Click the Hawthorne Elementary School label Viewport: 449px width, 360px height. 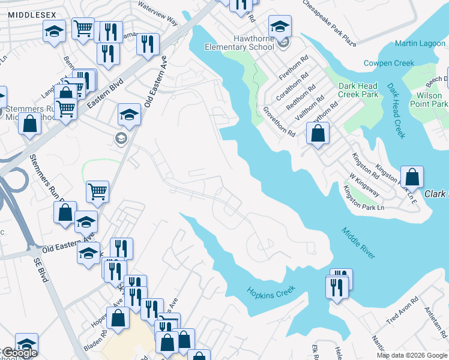pyautogui.click(x=239, y=43)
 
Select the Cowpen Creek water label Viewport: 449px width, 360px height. pyautogui.click(x=389, y=63)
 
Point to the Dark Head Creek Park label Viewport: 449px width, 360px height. pyautogui.click(x=358, y=90)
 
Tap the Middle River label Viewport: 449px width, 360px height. pyautogui.click(x=359, y=243)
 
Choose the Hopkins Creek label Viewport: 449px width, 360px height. pyautogui.click(x=271, y=290)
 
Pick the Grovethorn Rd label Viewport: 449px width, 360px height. pyautogui.click(x=279, y=121)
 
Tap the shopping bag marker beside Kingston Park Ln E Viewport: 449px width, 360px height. pyautogui.click(x=412, y=177)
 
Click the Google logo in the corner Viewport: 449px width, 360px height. pyautogui.click(x=19, y=353)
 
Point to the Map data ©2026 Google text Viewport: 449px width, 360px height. pyautogui.click(x=412, y=355)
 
